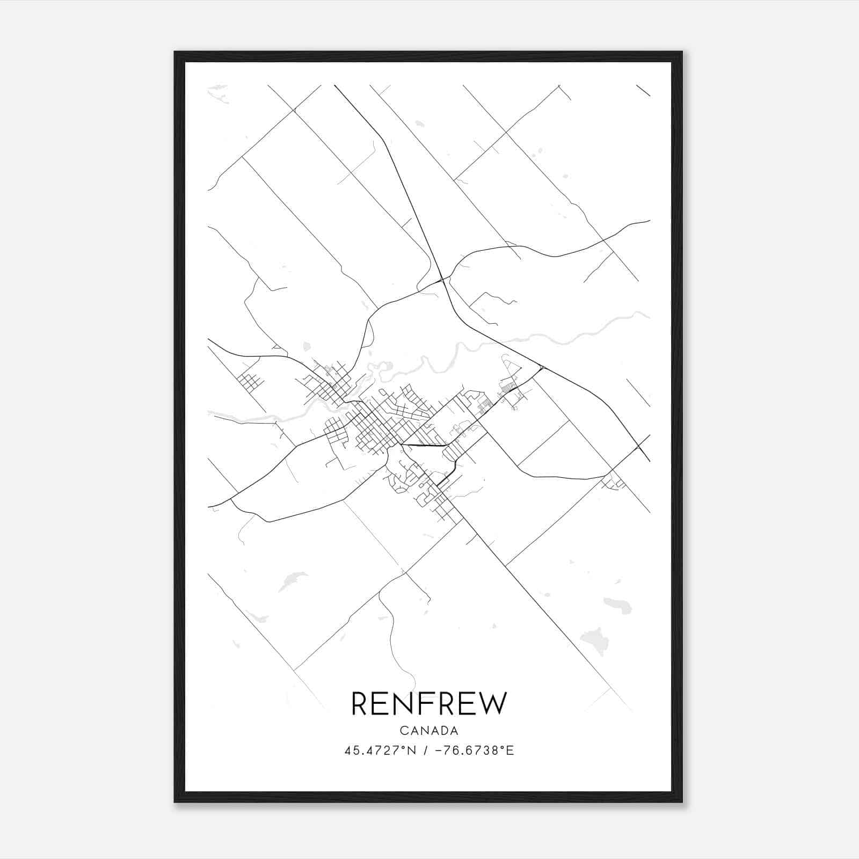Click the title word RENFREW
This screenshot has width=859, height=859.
click(428, 704)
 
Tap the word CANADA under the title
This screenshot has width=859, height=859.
click(429, 731)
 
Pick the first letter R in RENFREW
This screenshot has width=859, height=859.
click(360, 704)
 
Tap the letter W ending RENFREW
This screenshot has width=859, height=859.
click(493, 704)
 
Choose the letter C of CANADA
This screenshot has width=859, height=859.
click(403, 731)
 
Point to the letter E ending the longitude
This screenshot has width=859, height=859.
click(511, 751)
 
